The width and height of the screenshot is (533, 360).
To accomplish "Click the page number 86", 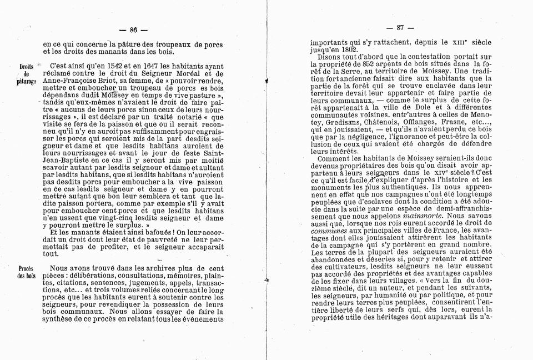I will pos(133,29).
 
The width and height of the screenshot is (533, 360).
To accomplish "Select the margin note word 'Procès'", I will pos(26,268).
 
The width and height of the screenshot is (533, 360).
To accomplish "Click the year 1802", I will pos(348,49).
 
